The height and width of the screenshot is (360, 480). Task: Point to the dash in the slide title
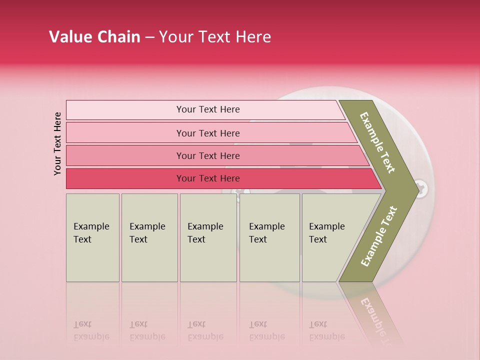[x=149, y=37]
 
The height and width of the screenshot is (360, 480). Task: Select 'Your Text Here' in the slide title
[x=215, y=37]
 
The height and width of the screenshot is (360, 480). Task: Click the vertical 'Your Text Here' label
[x=57, y=143]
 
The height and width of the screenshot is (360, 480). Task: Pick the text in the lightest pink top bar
[x=208, y=109]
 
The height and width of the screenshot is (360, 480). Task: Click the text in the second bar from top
[x=208, y=133]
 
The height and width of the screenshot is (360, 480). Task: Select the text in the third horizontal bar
[x=208, y=155]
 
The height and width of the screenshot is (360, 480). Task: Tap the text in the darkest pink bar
[x=208, y=178]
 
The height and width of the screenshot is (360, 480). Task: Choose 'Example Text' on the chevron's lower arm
[x=378, y=236]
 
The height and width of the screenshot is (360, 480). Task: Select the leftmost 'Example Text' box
[x=92, y=237]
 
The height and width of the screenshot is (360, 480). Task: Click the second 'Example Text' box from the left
[x=149, y=237]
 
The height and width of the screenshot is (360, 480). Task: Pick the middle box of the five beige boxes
[x=208, y=237]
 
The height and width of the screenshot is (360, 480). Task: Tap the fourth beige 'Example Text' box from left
[x=269, y=237]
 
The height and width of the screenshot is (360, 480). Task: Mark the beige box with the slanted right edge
[x=330, y=237]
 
